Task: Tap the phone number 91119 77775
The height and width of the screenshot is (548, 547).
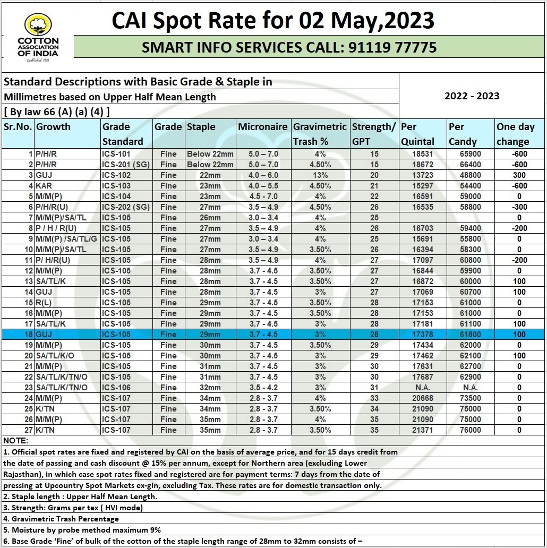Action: coord(392,48)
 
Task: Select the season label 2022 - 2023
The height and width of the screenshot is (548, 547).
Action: coord(472,96)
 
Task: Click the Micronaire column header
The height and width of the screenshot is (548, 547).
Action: coord(263,127)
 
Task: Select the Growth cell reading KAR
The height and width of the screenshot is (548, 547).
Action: coord(45,186)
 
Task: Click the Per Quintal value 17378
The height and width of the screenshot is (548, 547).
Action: coord(422,335)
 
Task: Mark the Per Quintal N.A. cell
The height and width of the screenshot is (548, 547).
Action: coord(422,388)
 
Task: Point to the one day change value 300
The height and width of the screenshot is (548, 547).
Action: coord(519,175)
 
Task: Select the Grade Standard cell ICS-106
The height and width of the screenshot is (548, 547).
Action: coord(116,388)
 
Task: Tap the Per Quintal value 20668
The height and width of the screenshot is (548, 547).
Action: coord(422,398)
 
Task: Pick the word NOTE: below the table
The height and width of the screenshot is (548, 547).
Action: coord(16,441)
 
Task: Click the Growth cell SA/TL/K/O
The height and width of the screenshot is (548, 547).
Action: coord(55,356)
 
